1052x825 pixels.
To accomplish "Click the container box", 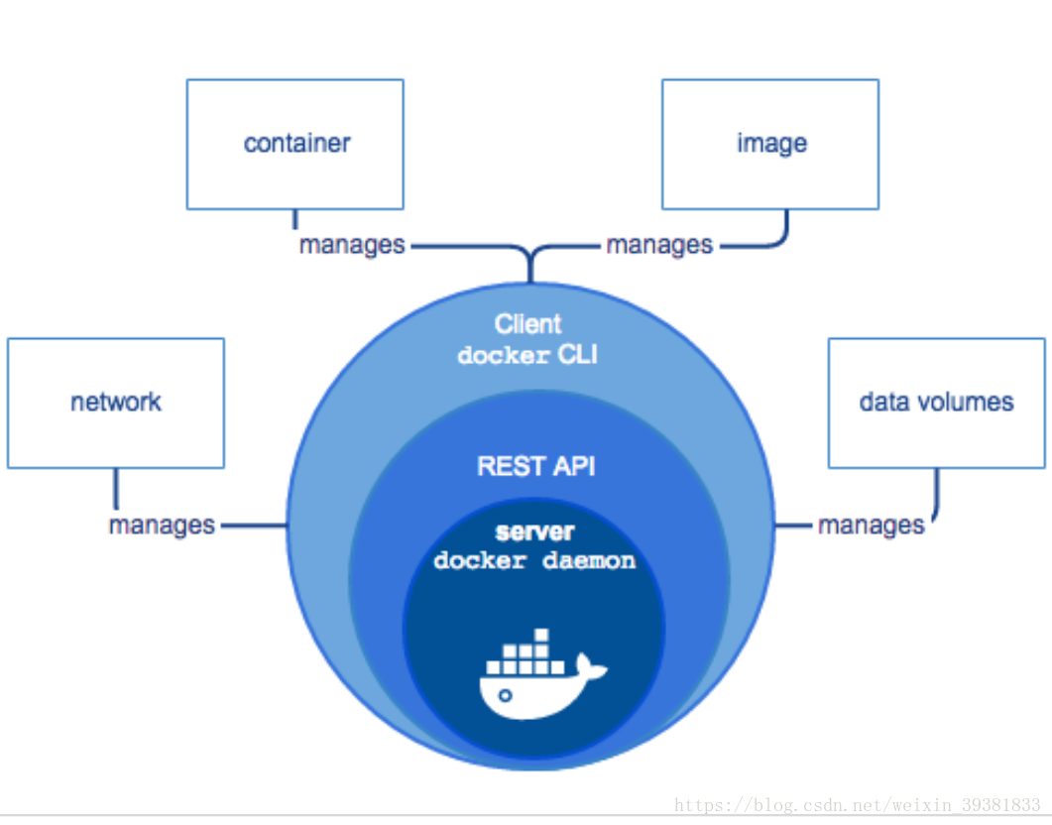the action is [x=295, y=144].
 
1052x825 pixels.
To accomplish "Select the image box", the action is [x=770, y=144].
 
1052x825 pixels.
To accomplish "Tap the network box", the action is [x=115, y=403].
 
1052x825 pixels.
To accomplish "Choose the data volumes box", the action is [x=937, y=403].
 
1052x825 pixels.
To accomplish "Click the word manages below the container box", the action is [x=352, y=246].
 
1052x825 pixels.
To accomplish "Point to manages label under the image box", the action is [x=658, y=246].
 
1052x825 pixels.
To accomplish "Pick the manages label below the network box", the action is [x=162, y=526].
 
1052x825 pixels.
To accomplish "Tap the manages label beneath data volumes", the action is [x=871, y=526].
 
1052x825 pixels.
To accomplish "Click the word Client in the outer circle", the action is [x=527, y=324].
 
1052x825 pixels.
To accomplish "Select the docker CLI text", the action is [x=527, y=355].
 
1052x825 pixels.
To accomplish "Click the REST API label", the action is [x=535, y=466].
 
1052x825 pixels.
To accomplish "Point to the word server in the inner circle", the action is [x=534, y=531].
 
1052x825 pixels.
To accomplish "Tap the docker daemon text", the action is [x=534, y=560].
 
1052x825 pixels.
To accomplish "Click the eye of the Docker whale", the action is [x=506, y=695].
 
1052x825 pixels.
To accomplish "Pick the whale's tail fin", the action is [x=590, y=666].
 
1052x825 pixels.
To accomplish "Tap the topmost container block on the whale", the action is [x=541, y=636].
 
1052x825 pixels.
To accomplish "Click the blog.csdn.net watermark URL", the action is [x=857, y=805].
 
